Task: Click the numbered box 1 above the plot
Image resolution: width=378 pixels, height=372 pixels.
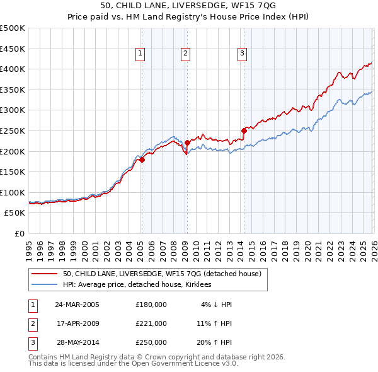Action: pyautogui.click(x=140, y=54)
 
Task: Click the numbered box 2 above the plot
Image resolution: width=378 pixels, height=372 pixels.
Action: pyautogui.click(x=186, y=54)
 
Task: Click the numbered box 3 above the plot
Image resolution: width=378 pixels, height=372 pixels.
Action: pyautogui.click(x=243, y=54)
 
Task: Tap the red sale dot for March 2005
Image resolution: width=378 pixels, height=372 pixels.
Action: pyautogui.click(x=142, y=160)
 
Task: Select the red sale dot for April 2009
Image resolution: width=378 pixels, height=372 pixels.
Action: pyautogui.click(x=187, y=143)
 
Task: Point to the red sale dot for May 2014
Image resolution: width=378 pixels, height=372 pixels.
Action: pyautogui.click(x=244, y=131)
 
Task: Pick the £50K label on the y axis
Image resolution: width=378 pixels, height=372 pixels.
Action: pyautogui.click(x=15, y=213)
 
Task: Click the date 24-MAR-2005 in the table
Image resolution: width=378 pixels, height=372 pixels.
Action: pyautogui.click(x=77, y=305)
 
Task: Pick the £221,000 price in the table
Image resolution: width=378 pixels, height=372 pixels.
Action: pyautogui.click(x=151, y=323)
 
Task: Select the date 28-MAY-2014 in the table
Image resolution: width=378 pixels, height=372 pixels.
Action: pyautogui.click(x=77, y=342)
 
